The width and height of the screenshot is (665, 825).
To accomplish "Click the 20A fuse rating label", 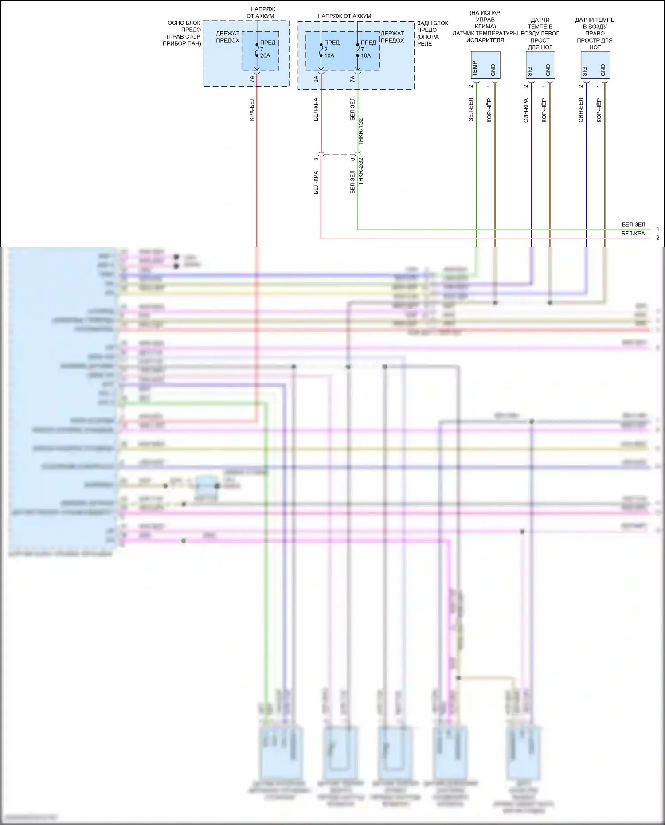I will (x=265, y=55).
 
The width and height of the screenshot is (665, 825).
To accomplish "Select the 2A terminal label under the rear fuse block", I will (x=316, y=79).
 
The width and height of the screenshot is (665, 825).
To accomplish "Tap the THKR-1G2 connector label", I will (x=361, y=132).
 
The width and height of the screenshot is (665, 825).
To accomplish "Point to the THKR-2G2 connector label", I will (x=361, y=171).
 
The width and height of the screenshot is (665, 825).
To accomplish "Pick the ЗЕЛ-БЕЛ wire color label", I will (x=471, y=109).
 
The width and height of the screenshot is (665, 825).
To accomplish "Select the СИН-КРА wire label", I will (x=526, y=110).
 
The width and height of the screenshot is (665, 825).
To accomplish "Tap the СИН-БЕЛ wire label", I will (x=581, y=110).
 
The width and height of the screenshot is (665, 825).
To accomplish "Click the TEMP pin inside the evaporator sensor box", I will (x=475, y=68).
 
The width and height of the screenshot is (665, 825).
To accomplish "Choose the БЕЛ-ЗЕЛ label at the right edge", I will (x=633, y=224).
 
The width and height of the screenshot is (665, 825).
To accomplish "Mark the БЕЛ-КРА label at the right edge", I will (x=633, y=234).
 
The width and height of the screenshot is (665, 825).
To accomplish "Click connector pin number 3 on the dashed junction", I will (x=316, y=159).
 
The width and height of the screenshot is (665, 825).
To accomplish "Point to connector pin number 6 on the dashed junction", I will (x=353, y=159).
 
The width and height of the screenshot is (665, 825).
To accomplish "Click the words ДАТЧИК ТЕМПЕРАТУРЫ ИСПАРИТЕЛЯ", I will (x=485, y=37).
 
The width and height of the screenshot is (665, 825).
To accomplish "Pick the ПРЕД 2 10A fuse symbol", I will (x=321, y=50).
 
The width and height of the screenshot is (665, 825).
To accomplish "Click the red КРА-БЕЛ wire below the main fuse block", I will (x=257, y=177).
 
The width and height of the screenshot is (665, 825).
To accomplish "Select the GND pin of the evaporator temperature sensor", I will (x=493, y=70).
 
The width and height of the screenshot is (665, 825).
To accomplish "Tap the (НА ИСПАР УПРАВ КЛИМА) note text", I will (x=485, y=20).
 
